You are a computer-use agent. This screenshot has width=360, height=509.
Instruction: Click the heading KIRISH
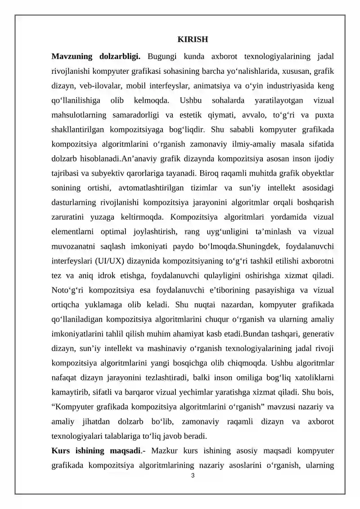click(193, 39)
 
